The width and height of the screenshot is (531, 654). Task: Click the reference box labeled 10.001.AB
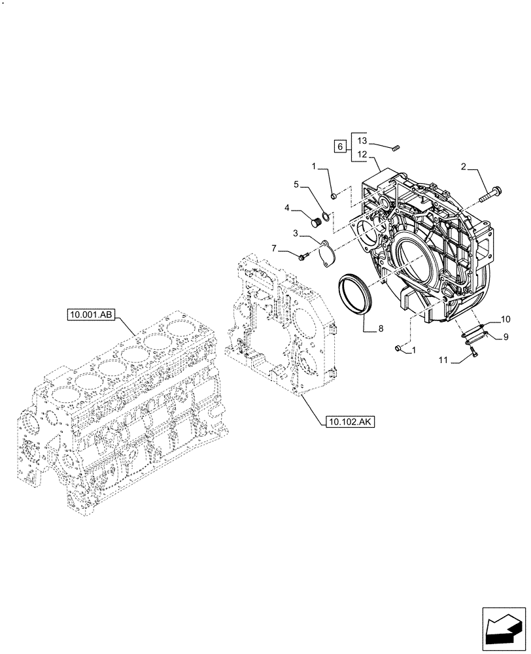[91, 315]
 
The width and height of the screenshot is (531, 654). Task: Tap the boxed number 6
[339, 146]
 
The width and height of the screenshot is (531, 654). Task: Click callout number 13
[363, 141]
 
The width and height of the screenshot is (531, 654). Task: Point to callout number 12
[363, 156]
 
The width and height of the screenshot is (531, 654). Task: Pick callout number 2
[463, 168]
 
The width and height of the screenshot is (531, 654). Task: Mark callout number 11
[443, 359]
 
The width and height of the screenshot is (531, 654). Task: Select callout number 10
[505, 320]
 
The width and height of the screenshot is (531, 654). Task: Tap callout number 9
[505, 337]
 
